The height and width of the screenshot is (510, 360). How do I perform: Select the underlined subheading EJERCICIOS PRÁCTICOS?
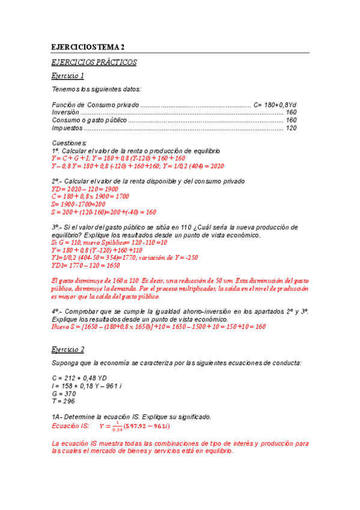94,62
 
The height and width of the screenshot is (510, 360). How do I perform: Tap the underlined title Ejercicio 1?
67,76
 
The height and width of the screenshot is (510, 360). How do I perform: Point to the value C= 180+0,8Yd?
275,105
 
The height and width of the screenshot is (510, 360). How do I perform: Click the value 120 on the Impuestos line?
291,128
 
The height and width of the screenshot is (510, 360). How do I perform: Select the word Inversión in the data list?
66,112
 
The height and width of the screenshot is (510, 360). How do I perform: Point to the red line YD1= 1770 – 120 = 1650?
86,265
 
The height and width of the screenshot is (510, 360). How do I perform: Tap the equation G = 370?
65,393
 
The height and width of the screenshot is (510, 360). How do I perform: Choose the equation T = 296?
64,401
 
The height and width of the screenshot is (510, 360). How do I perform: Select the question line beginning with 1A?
131,416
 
